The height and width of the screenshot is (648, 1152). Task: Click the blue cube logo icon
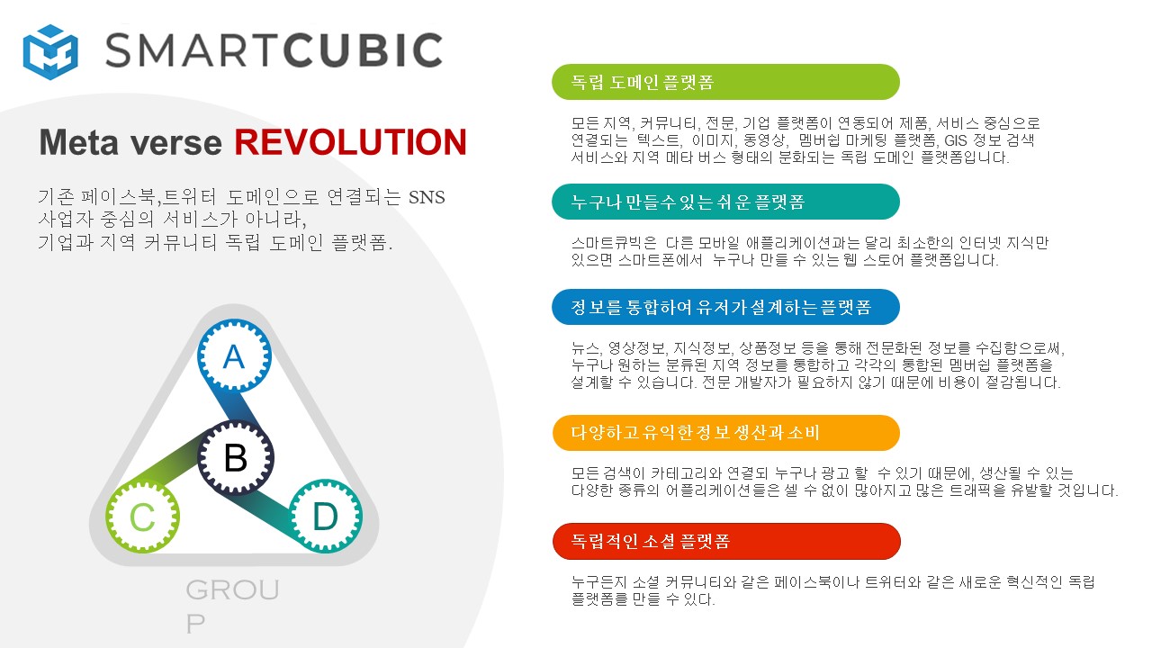click(50, 52)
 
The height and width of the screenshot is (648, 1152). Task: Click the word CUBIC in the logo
click(363, 49)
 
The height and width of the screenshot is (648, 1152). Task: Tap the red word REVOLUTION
click(351, 142)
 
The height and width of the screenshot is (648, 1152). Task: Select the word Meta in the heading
click(79, 142)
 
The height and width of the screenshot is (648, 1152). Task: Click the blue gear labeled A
click(235, 355)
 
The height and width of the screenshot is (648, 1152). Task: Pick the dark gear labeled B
click(236, 457)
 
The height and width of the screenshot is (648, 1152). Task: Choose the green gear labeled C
click(142, 517)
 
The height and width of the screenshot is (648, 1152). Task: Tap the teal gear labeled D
click(326, 516)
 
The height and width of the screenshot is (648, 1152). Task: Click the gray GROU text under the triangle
click(232, 589)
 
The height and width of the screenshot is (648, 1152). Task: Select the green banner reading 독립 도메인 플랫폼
click(725, 82)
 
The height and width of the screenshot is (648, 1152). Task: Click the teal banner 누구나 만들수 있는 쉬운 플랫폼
click(725, 202)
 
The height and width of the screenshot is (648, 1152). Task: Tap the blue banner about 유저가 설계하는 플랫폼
click(725, 307)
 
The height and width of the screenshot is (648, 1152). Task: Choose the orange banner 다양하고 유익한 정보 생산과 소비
click(726, 433)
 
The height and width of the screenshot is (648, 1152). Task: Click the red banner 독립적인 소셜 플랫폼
click(726, 541)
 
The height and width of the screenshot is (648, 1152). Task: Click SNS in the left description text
click(427, 197)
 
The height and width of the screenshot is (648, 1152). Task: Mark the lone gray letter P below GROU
click(195, 625)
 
